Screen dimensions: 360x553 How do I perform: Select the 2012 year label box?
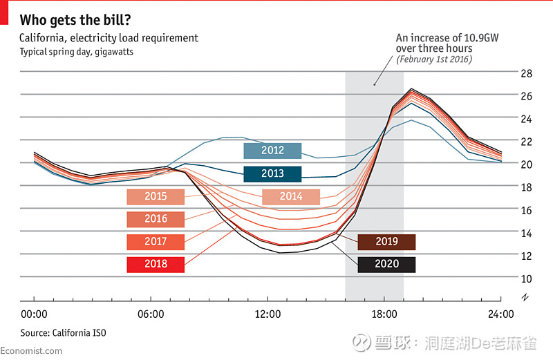272,151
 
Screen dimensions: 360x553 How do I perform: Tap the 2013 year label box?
272,173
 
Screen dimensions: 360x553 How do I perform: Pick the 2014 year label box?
291,196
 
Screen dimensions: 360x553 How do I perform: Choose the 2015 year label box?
156,196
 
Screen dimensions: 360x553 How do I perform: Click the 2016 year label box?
156,219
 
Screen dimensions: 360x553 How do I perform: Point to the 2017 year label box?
156,242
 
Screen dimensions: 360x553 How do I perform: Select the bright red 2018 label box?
156,264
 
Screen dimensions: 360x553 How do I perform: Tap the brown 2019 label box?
386,242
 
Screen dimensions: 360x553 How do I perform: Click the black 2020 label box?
386,264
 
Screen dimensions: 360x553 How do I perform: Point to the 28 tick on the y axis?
525,73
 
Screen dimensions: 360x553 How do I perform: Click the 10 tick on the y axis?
525,278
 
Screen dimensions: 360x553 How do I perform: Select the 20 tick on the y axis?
525,164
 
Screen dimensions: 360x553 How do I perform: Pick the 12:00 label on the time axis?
268,314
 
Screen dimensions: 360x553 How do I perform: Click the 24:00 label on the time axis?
500,314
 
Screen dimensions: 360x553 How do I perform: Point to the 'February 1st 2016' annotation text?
434,60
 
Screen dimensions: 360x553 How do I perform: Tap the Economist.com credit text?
31,351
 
